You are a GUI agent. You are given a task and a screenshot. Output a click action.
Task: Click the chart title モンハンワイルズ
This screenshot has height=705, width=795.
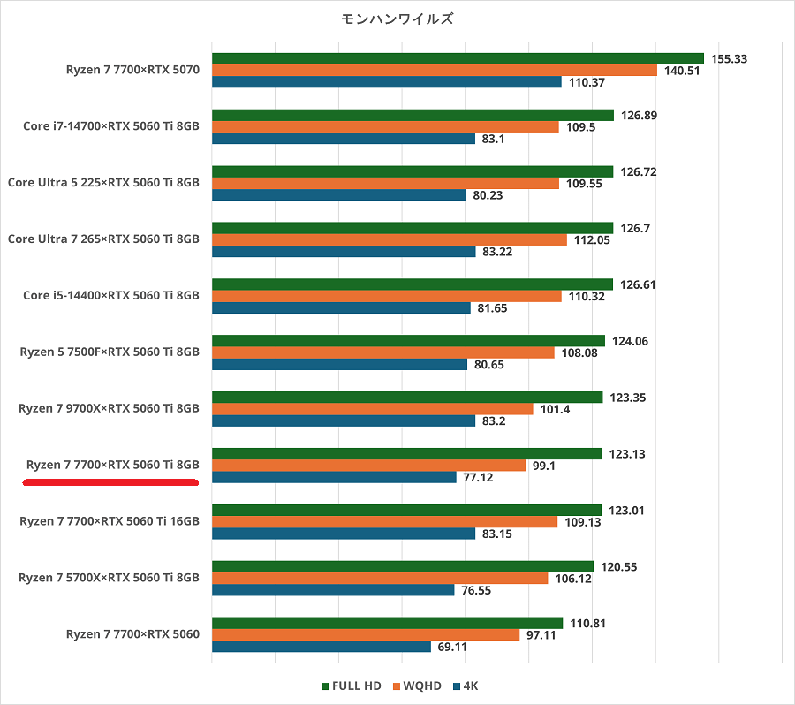(x=397, y=18)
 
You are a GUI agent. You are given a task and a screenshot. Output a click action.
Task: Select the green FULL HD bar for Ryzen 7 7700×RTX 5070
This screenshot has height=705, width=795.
(x=458, y=59)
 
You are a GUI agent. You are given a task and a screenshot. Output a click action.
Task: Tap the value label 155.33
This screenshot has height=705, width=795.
(x=729, y=59)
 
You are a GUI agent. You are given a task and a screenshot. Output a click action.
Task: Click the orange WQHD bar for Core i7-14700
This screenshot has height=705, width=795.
(x=385, y=126)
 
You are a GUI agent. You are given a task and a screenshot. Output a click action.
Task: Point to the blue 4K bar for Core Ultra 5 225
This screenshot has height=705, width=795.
(x=339, y=194)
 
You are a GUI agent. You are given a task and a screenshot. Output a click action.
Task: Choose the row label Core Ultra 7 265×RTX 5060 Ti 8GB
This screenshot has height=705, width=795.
(x=103, y=239)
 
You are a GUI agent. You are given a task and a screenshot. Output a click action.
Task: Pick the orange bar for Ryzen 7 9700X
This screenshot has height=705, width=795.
(x=373, y=409)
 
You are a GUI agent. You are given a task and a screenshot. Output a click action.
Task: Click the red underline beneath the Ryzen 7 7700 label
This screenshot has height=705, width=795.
(x=110, y=482)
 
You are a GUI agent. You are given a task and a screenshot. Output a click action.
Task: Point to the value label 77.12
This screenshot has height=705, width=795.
(x=481, y=477)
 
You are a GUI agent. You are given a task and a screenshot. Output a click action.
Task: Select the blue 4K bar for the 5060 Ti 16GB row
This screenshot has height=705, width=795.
(x=344, y=534)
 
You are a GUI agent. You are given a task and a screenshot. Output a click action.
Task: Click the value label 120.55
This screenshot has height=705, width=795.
(x=619, y=567)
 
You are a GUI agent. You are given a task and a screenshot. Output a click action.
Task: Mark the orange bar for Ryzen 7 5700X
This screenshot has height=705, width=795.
(x=380, y=578)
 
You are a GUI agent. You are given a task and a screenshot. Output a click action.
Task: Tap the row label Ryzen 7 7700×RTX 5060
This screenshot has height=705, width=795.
(x=132, y=634)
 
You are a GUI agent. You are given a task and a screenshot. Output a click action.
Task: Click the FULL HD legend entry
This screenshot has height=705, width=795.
(x=352, y=686)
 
